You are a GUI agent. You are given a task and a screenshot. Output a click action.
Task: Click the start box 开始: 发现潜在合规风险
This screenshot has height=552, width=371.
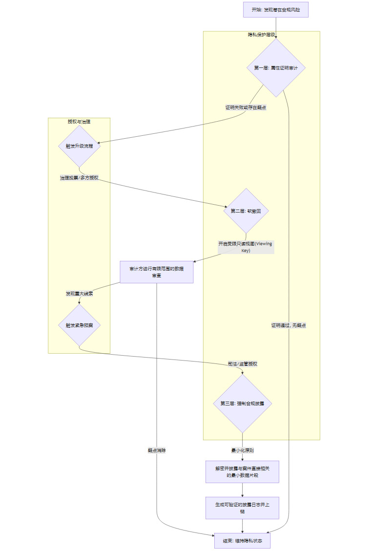pyautogui.click(x=276, y=10)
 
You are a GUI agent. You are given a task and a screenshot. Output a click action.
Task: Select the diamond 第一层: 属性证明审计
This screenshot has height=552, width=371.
pyautogui.click(x=276, y=68)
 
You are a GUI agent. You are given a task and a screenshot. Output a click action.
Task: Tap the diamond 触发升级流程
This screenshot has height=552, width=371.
pyautogui.click(x=79, y=146)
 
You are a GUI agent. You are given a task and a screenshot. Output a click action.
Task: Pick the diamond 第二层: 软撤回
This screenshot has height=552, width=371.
pyautogui.click(x=246, y=211)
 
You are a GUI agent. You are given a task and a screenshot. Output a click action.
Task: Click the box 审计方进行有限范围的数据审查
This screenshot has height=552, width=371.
pyautogui.click(x=157, y=272)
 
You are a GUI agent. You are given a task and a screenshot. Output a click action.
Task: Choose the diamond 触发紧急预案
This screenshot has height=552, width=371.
pyautogui.click(x=79, y=325)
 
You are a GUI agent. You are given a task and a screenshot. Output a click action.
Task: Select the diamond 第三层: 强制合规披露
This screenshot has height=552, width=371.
pyautogui.click(x=242, y=403)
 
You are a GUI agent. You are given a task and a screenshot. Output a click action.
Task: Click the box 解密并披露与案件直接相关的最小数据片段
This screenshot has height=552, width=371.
pyautogui.click(x=242, y=472)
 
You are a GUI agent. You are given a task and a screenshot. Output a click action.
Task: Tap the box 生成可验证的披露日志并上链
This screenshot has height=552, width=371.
pyautogui.click(x=242, y=508)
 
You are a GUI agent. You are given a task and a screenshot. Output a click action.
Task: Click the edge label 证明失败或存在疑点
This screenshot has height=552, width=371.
pyautogui.click(x=246, y=107)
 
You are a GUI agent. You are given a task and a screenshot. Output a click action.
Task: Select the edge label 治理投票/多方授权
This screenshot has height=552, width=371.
pyautogui.click(x=79, y=178)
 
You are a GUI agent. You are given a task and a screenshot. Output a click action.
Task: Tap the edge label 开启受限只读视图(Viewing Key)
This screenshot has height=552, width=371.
pyautogui.click(x=246, y=247)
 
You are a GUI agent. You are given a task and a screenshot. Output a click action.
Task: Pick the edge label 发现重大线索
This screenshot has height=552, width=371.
pyautogui.click(x=79, y=294)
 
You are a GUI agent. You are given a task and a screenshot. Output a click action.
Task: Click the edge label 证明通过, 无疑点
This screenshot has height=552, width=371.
pyautogui.click(x=289, y=325)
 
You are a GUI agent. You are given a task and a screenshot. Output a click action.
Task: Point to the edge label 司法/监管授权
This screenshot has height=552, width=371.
pyautogui.click(x=242, y=364)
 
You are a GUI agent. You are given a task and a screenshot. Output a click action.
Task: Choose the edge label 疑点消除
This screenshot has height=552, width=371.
pyautogui.click(x=157, y=450)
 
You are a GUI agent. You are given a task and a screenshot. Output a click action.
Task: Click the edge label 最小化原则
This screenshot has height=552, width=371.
pyautogui.click(x=242, y=450)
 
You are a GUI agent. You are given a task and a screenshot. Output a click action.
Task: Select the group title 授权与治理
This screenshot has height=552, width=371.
pyautogui.click(x=79, y=122)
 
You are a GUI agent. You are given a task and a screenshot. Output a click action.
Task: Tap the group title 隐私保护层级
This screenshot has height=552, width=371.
pyautogui.click(x=261, y=35)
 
